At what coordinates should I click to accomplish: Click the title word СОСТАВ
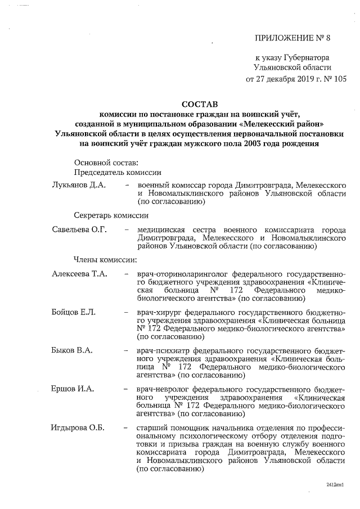coord(199,105)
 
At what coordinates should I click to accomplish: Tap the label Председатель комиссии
coord(117,173)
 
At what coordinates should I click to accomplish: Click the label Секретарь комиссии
coord(111,215)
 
